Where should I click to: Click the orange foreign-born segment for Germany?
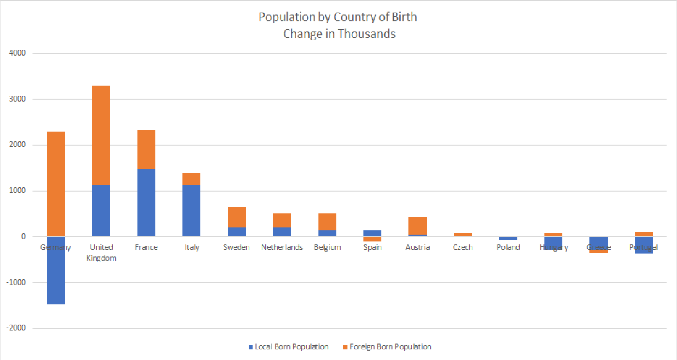[56, 184]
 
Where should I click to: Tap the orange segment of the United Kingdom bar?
[101, 135]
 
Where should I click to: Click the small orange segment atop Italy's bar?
[191, 179]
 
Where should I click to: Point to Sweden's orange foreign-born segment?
[237, 217]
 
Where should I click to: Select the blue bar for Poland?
[508, 239]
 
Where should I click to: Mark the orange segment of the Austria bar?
[417, 226]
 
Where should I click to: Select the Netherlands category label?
[282, 247]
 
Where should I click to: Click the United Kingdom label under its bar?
[101, 253]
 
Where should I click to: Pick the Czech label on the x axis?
[463, 247]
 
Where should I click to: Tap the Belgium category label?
[327, 247]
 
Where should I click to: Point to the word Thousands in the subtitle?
[366, 34]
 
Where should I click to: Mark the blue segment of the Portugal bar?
[644, 247]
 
